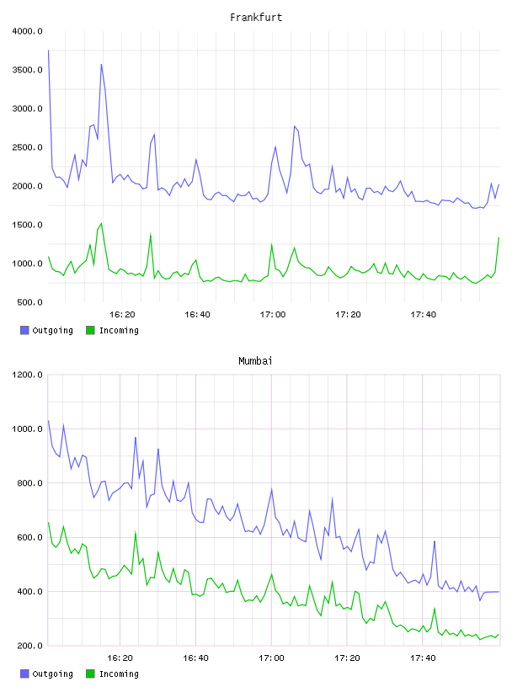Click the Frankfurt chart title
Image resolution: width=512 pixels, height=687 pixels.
click(256, 18)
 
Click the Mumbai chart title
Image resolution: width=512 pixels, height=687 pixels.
click(255, 361)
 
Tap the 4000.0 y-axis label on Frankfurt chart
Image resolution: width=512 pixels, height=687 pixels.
click(28, 31)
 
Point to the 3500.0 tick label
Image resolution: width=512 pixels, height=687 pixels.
click(28, 70)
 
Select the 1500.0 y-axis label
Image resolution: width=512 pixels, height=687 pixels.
click(28, 225)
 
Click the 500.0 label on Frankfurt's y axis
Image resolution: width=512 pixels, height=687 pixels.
click(29, 302)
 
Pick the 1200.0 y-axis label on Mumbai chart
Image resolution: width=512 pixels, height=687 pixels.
click(28, 375)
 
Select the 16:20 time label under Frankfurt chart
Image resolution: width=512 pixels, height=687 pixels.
click(122, 315)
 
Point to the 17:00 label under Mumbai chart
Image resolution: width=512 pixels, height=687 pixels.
click(271, 658)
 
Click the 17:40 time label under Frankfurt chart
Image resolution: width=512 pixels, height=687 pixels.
click(423, 315)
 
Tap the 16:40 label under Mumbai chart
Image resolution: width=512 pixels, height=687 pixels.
click(195, 658)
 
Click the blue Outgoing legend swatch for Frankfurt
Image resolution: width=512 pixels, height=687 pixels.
click(24, 330)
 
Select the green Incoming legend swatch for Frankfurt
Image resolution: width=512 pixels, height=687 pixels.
click(90, 330)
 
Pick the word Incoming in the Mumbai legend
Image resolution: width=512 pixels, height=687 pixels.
click(119, 674)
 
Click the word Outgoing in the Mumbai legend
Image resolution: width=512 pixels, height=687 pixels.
click(52, 674)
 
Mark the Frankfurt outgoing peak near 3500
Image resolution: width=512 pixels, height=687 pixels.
click(101, 64)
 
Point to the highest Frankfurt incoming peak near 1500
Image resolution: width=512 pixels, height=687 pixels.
click(101, 223)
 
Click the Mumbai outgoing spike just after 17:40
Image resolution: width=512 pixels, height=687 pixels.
click(435, 541)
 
